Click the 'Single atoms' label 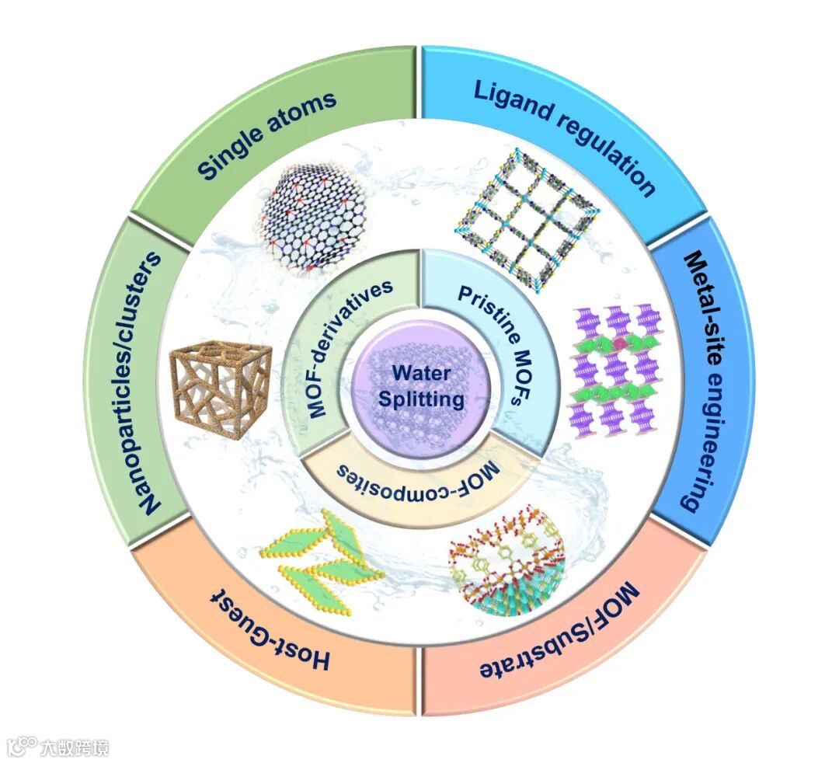point(267,135)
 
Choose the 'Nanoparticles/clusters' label point(151,381)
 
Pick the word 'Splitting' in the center point(421,399)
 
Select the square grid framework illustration point(528,218)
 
